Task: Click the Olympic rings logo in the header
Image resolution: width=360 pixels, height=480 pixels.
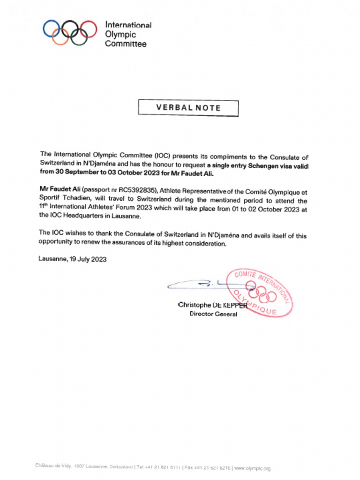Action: point(70,32)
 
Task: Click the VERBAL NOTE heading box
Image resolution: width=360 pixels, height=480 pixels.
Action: point(188,108)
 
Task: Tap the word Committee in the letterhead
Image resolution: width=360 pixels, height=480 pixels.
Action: point(126,44)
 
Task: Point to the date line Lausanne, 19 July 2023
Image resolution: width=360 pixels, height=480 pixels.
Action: point(72,259)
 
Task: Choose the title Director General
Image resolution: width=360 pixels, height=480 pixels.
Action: point(213,314)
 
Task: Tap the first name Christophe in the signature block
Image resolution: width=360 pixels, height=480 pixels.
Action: point(195,305)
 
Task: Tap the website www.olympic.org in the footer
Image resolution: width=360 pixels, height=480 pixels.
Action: point(252,468)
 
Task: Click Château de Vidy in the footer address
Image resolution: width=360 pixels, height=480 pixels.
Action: point(52,467)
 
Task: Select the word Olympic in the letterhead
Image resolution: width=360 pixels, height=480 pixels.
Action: point(120,34)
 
